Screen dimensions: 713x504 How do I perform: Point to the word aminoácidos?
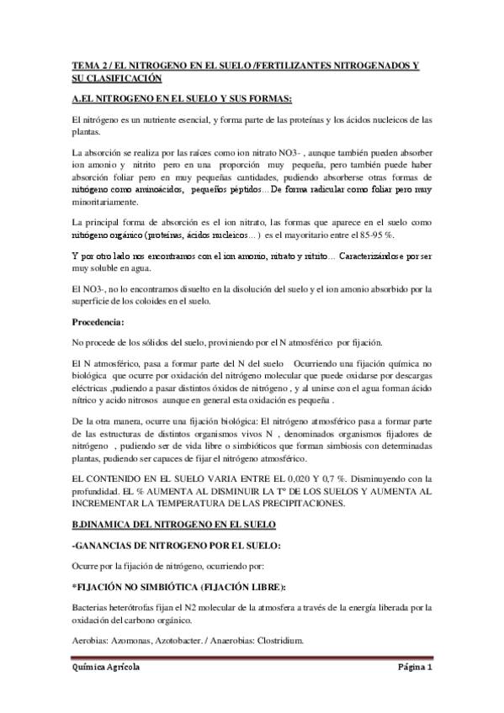159,190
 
